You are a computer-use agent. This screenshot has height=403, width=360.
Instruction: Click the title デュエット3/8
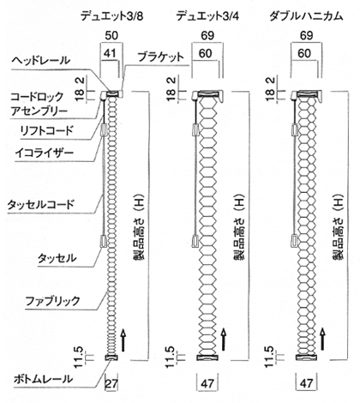pos(111,16)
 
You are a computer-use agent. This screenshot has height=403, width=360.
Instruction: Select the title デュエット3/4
pos(207,16)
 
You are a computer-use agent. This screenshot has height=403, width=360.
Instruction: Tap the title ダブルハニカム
pos(306,16)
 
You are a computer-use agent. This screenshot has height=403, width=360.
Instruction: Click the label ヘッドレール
pos(41,60)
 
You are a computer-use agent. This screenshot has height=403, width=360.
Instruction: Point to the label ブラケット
pos(160,57)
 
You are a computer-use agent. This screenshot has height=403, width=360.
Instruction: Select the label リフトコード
pos(46,130)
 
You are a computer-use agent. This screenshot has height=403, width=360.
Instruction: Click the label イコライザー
pos(45,153)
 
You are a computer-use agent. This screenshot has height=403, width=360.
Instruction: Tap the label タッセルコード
pos(41,205)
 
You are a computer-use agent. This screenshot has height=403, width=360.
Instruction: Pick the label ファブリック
pos(52,301)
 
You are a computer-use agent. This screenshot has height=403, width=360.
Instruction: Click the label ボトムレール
pos(43,379)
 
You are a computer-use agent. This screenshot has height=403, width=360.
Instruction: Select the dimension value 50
pos(111,36)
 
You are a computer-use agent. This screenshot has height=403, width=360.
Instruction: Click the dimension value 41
pos(110,53)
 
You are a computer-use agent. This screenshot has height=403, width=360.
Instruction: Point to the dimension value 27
pos(111,383)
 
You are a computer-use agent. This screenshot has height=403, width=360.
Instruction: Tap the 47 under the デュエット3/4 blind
pos(207,383)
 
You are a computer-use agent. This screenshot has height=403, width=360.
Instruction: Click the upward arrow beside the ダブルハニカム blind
pos(322,340)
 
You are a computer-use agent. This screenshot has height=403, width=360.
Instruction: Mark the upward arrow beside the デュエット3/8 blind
pos(123,340)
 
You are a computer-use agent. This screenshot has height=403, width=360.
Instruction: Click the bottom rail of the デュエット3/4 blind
pos(207,358)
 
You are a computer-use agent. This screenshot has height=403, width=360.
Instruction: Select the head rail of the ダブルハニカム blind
pos(307,93)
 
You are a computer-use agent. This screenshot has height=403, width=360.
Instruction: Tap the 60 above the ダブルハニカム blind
pos(304,53)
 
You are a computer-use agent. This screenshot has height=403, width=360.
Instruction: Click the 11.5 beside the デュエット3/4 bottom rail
pos(170,357)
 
